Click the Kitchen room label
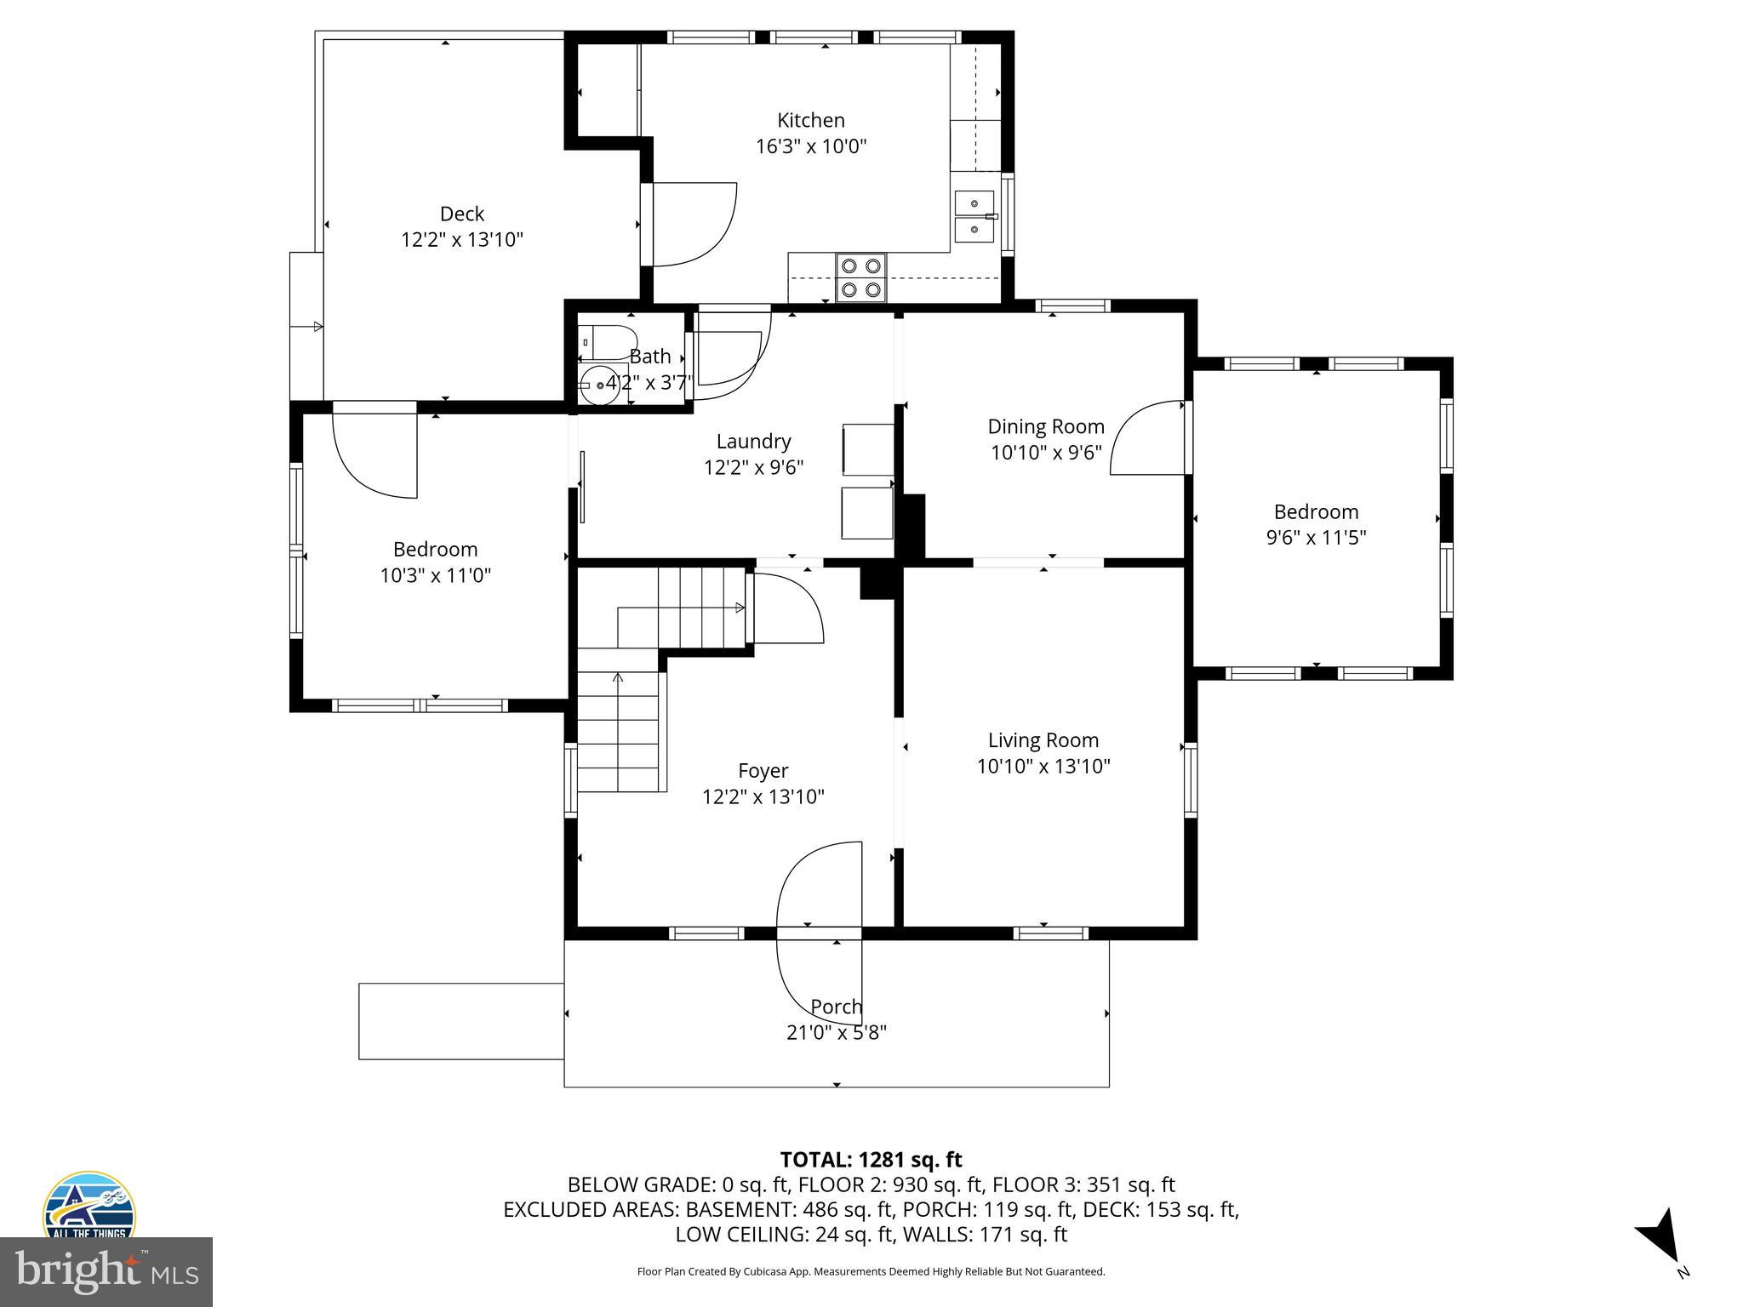point(810,120)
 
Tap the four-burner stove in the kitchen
point(860,277)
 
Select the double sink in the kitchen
point(974,217)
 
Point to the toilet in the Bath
point(608,342)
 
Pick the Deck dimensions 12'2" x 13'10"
point(462,240)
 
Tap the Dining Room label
point(1046,426)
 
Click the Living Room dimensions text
point(1043,767)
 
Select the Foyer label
point(763,771)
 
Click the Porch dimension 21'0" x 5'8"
point(837,1033)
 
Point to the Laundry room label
point(753,442)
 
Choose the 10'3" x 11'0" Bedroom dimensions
point(436,576)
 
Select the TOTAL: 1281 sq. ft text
point(871,1160)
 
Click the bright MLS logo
point(106,1272)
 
